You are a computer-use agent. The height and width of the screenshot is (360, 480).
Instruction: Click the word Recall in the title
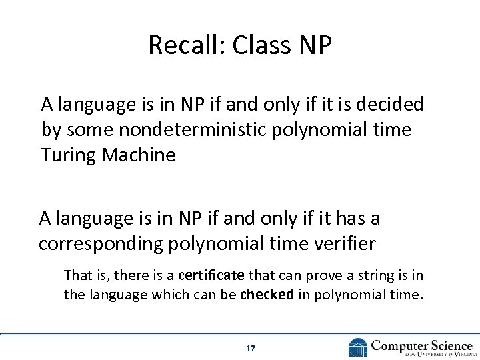coord(177,45)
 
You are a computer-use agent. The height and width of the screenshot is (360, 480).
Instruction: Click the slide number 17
coord(251,348)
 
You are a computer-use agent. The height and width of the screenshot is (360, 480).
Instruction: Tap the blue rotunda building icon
coord(358,347)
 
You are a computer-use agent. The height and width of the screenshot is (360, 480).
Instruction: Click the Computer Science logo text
coord(421,345)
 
